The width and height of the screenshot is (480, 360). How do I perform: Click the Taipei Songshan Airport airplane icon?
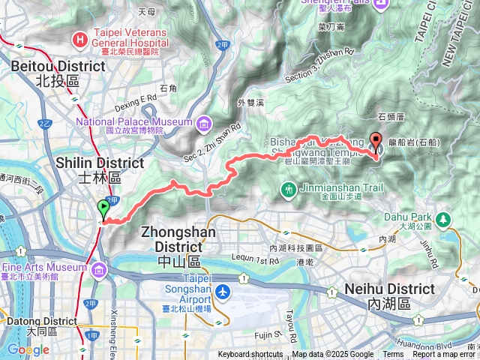pos(223,291)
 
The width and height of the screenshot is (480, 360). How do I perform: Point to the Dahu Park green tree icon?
pos(444,219)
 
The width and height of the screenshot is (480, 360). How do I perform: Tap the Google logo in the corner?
pos(28,349)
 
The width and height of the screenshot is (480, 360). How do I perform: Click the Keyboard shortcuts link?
pos(250,355)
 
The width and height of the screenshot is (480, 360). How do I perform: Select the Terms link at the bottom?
pos(393,355)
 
